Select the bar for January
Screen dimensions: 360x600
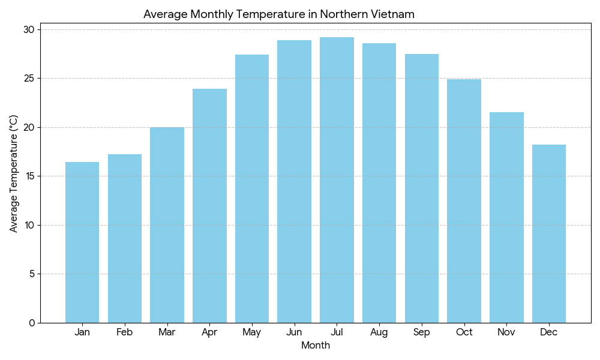click(x=82, y=242)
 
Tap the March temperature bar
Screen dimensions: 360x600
click(x=167, y=225)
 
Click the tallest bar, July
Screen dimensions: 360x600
click(x=337, y=180)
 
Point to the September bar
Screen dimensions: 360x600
click(x=422, y=188)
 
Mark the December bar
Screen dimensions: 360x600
click(x=549, y=234)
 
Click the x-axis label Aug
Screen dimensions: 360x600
click(x=379, y=332)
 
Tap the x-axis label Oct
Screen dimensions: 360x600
click(x=464, y=332)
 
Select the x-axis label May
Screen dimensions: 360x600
click(x=252, y=332)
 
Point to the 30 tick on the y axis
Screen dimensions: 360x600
click(x=29, y=29)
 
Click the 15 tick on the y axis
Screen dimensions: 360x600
click(x=29, y=176)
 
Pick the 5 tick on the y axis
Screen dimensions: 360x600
click(x=32, y=274)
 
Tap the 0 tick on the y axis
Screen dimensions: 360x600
click(x=32, y=323)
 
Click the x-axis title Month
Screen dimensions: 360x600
click(x=316, y=346)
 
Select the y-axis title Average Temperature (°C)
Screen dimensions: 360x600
click(x=14, y=174)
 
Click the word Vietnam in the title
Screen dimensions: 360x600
click(x=394, y=14)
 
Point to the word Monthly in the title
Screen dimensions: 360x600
click(x=212, y=14)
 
